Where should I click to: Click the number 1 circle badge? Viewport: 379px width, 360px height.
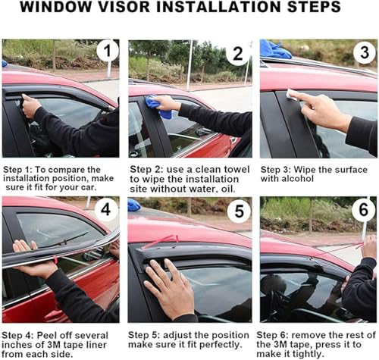click(108, 51)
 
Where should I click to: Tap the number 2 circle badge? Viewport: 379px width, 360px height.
click(237, 54)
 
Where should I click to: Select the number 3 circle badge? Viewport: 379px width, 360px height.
click(365, 52)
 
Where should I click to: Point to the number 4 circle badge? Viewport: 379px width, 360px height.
click(106, 209)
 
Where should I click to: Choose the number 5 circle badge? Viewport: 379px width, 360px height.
click(239, 211)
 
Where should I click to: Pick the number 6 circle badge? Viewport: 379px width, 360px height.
click(363, 209)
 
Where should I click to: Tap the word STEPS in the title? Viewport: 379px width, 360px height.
click(314, 7)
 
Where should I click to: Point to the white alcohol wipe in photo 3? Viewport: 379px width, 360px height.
click(292, 95)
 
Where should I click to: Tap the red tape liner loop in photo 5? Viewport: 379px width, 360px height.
click(161, 240)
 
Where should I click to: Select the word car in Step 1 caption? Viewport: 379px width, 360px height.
click(89, 187)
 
